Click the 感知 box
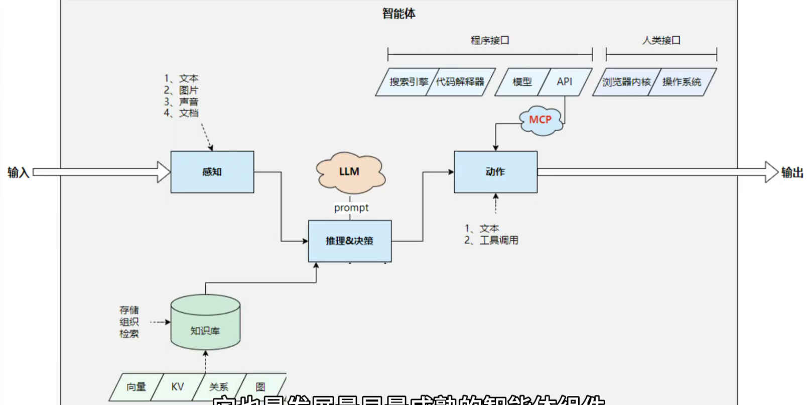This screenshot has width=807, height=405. (212, 172)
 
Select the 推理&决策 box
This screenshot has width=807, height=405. (349, 241)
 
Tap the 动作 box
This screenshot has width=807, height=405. (495, 172)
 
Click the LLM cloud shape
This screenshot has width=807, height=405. (350, 172)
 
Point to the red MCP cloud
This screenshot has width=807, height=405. (541, 120)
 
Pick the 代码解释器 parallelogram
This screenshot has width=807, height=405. (461, 82)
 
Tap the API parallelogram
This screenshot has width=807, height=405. (565, 82)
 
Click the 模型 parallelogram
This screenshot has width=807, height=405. (521, 82)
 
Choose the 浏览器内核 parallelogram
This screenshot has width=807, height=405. (626, 82)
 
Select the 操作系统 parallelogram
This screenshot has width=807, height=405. (682, 82)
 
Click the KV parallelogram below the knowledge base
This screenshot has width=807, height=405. (178, 387)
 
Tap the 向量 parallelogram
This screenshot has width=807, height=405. (136, 387)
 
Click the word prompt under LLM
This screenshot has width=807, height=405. (351, 208)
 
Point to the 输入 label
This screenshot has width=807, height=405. (18, 172)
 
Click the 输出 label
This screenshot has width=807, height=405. (792, 172)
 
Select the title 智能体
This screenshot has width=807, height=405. (399, 14)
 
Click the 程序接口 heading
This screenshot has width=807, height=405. (490, 40)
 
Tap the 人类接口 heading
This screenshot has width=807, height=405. (661, 40)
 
